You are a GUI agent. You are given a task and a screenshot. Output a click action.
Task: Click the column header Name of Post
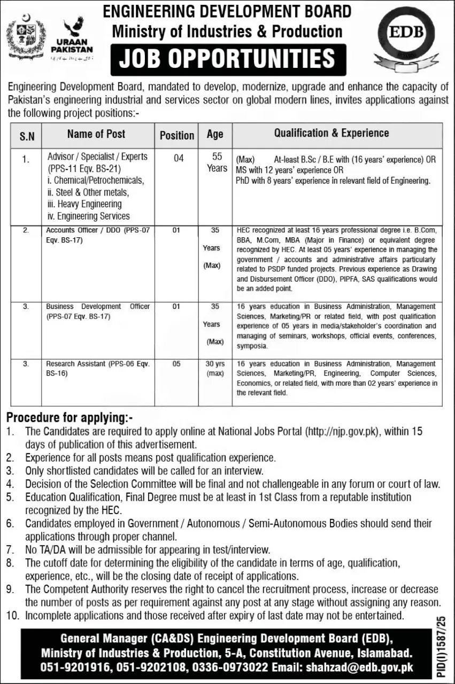[x=97, y=134]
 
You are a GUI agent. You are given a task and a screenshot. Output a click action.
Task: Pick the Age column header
[x=214, y=135]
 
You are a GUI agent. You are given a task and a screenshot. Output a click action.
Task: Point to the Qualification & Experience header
[x=331, y=134]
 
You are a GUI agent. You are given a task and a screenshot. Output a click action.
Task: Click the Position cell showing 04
[x=176, y=158]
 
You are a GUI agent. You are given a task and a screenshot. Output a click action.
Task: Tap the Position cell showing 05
[x=176, y=364]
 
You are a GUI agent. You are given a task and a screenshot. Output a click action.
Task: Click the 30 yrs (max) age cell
[x=214, y=369]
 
